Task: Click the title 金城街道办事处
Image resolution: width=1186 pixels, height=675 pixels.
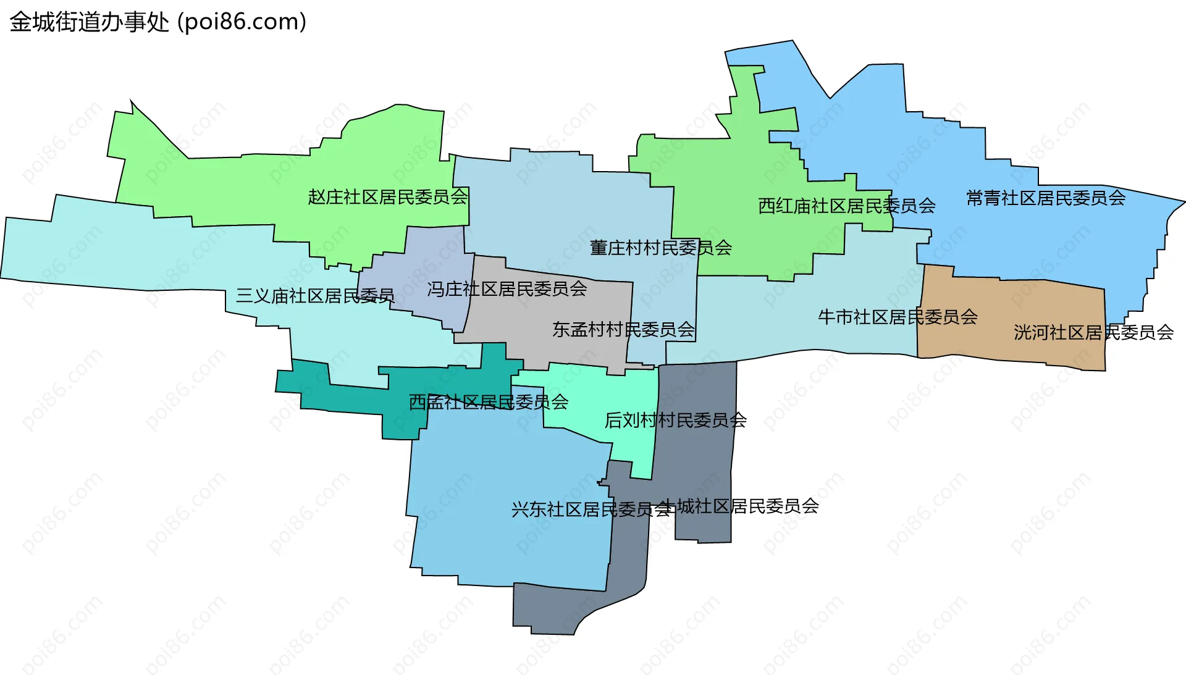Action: (x=90, y=22)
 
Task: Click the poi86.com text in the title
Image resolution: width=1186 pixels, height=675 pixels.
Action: (x=242, y=22)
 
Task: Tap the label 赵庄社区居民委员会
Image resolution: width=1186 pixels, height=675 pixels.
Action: (x=388, y=197)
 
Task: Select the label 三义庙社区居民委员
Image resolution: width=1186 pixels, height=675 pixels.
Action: (x=315, y=296)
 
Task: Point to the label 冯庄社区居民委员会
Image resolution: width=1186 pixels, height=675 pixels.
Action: (x=507, y=289)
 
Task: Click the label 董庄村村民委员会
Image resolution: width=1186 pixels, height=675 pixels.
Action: (x=661, y=248)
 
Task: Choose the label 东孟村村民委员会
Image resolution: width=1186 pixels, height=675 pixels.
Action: (x=624, y=330)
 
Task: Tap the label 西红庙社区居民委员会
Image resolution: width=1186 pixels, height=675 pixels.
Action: (x=847, y=206)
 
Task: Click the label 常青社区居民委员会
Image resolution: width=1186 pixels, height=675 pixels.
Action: (x=1046, y=198)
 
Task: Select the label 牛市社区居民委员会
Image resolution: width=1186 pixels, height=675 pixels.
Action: (x=898, y=317)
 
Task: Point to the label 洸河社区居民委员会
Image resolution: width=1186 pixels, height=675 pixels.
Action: (x=1093, y=333)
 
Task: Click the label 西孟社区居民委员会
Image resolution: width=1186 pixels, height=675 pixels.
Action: (x=489, y=403)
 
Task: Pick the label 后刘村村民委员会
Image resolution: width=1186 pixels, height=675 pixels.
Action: (x=675, y=421)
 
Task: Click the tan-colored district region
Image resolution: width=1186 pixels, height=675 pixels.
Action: (x=1013, y=309)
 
